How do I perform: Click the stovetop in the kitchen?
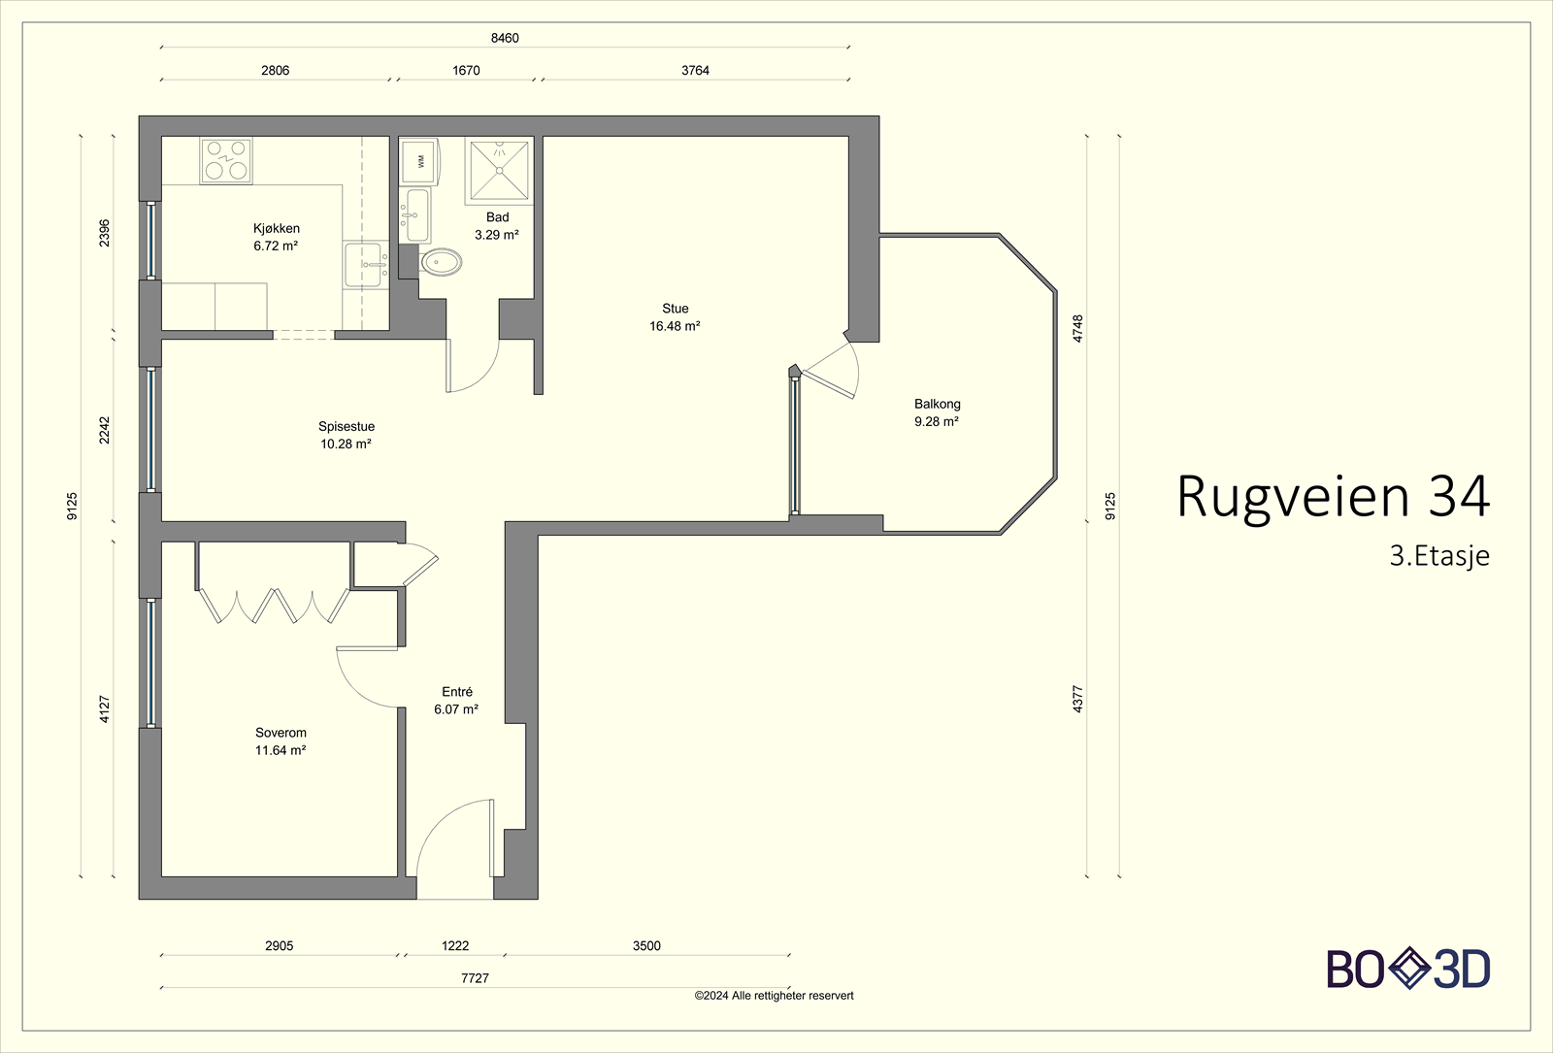pyautogui.click(x=226, y=161)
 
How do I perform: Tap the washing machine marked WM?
pyautogui.click(x=419, y=161)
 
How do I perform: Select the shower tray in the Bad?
pyautogui.click(x=499, y=171)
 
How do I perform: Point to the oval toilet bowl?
pyautogui.click(x=443, y=263)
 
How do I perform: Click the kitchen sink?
pyautogui.click(x=365, y=264)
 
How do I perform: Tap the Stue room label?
pyautogui.click(x=676, y=309)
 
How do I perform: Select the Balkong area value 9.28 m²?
pyautogui.click(x=937, y=421)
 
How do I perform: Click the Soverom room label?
pyautogui.click(x=281, y=732)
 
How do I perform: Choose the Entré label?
pyautogui.click(x=457, y=691)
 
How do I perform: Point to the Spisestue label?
pyautogui.click(x=347, y=426)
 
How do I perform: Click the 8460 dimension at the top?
pyautogui.click(x=505, y=38)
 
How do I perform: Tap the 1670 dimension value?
pyautogui.click(x=466, y=70)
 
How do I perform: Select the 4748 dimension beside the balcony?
pyautogui.click(x=1077, y=329)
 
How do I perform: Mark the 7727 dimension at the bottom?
pyautogui.click(x=475, y=978)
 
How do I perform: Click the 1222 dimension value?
pyautogui.click(x=455, y=945)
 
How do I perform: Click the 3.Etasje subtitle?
pyautogui.click(x=1439, y=556)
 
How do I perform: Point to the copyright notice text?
pyautogui.click(x=774, y=996)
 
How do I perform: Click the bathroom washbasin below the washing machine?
pyautogui.click(x=416, y=214)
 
